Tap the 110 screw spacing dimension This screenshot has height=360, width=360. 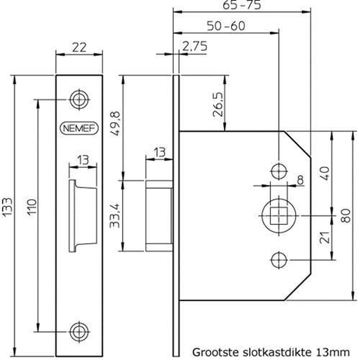32,206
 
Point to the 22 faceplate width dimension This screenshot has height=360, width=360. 79,47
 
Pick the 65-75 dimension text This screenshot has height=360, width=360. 242,5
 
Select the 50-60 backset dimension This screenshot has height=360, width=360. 226,26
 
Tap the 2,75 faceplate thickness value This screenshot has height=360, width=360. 194,46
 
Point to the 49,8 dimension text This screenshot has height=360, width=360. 116,124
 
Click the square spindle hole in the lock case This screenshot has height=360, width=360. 279,216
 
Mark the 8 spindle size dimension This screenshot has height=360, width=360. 300,180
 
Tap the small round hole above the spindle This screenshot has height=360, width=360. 279,171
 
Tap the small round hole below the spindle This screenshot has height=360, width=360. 279,259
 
